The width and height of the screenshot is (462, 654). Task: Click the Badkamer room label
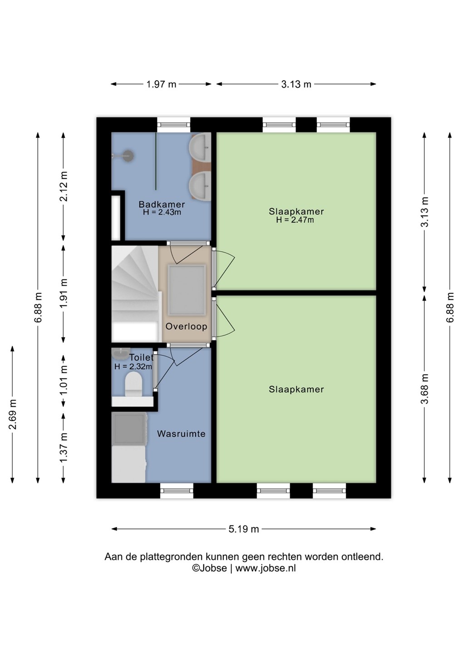pyautogui.click(x=162, y=204)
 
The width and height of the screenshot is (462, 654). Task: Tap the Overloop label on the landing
pyautogui.click(x=186, y=326)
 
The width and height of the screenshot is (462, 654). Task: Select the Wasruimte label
pyautogui.click(x=181, y=434)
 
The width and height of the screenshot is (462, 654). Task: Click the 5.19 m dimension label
pyautogui.click(x=244, y=529)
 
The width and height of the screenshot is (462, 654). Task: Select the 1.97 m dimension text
pyautogui.click(x=161, y=84)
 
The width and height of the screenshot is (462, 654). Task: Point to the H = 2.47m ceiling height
pyautogui.click(x=295, y=220)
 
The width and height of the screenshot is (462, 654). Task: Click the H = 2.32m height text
pyautogui.click(x=133, y=367)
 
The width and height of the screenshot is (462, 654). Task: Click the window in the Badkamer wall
pyautogui.click(x=173, y=125)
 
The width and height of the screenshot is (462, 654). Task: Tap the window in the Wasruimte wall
pyautogui.click(x=177, y=490)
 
